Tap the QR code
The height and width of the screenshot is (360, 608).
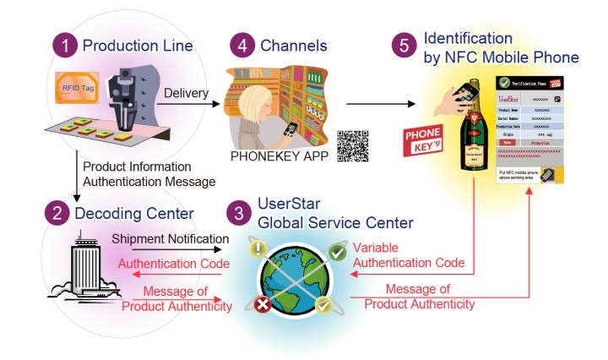click(354, 145)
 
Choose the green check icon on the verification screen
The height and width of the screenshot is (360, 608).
click(505, 84)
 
